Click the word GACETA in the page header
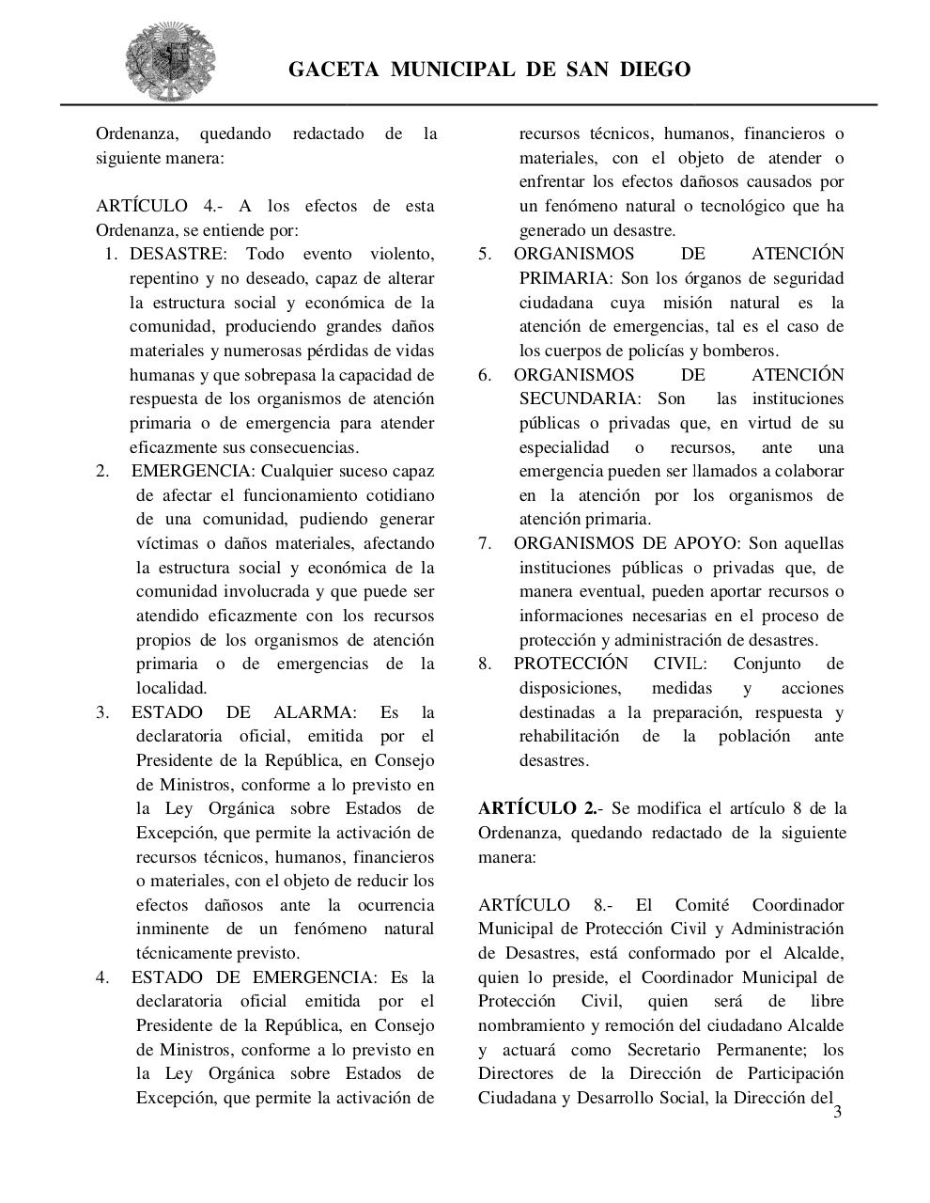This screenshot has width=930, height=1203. coord(333,70)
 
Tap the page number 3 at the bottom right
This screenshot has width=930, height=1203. coord(838,1113)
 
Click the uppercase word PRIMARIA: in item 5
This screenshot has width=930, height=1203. coord(564,278)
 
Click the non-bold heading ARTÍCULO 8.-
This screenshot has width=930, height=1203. coord(545,905)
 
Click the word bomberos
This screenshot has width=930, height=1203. coord(745,351)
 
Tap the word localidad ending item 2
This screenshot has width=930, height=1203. coord(171,688)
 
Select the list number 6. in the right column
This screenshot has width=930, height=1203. coord(485,375)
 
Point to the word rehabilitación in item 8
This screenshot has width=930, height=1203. coord(569,736)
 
